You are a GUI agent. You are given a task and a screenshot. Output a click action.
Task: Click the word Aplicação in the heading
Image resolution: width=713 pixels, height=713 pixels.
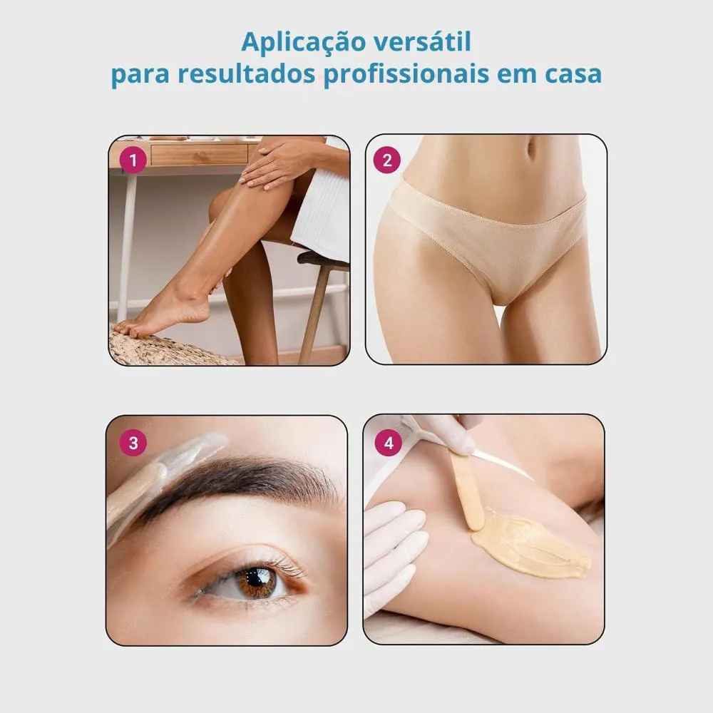tap(304, 43)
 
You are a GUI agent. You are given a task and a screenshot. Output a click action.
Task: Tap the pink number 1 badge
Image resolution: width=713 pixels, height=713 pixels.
tap(133, 160)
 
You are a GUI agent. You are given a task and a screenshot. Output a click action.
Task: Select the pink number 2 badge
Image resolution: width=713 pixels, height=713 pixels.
tap(387, 160)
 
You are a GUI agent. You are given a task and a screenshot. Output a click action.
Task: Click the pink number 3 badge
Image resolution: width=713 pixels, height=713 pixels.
tap(133, 443)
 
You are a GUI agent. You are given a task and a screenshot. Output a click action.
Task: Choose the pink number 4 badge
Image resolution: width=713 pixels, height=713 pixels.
tap(389, 443)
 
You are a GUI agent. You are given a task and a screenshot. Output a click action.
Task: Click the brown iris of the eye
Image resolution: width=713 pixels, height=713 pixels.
tap(257, 582)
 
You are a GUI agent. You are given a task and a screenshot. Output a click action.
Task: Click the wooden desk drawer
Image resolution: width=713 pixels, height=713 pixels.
tap(199, 155)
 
